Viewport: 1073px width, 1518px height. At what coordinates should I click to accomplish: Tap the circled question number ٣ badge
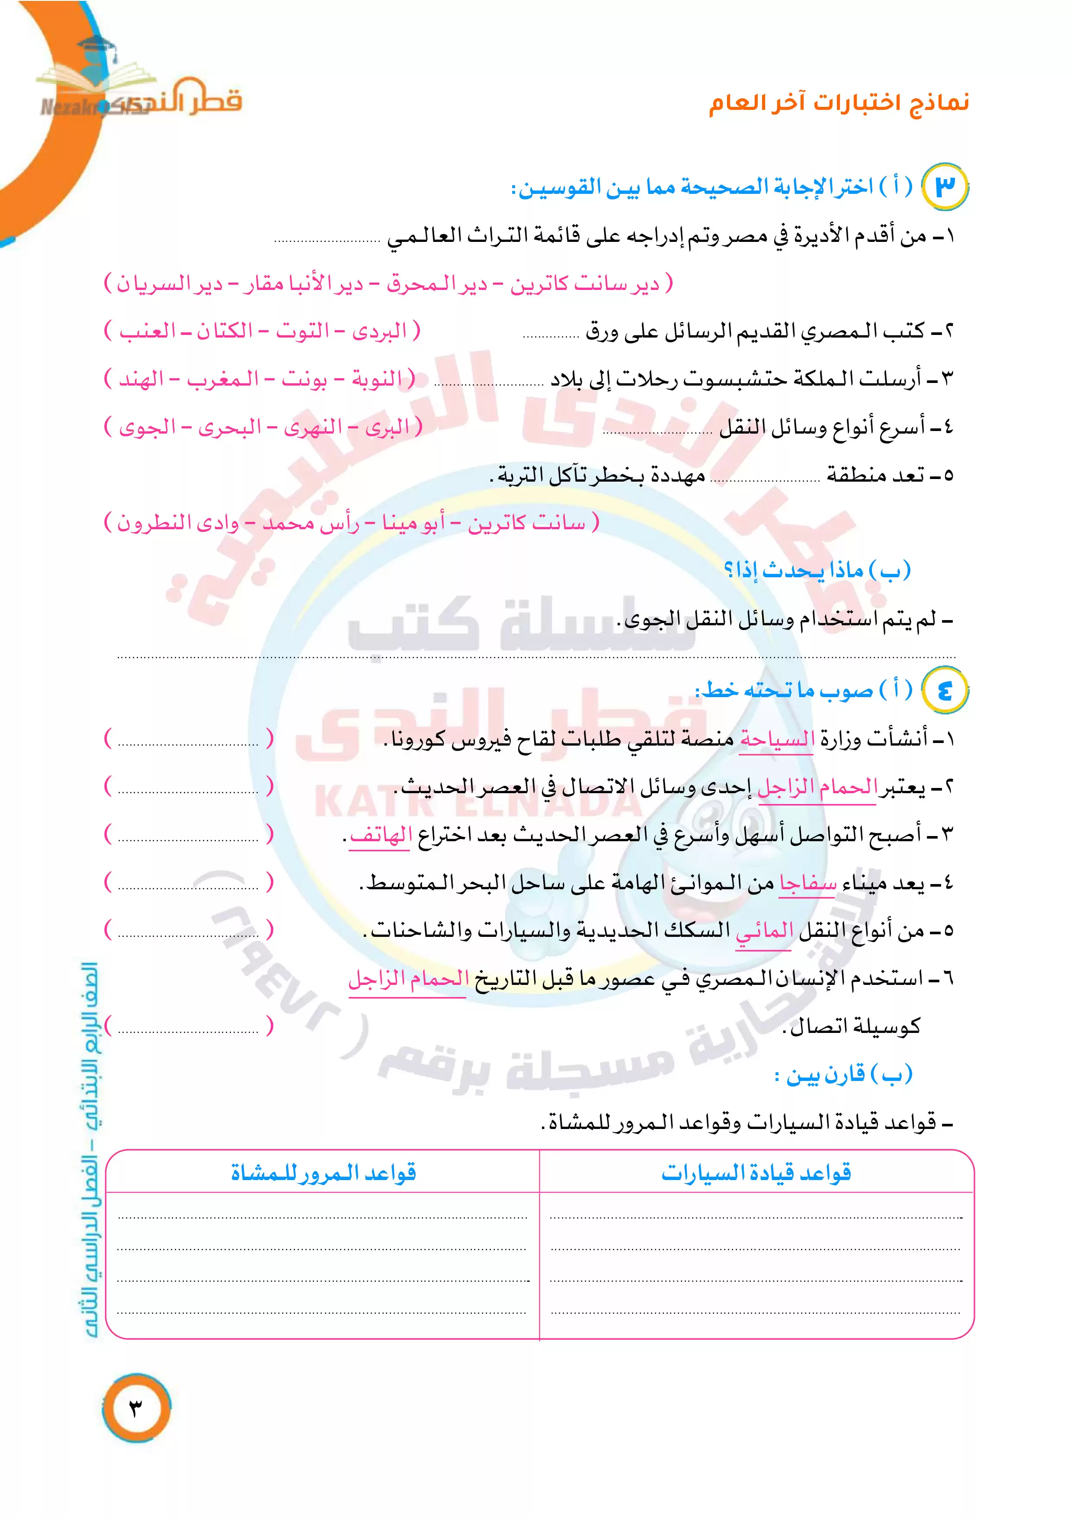(945, 187)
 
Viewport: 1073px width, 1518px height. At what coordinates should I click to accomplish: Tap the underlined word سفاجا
(807, 883)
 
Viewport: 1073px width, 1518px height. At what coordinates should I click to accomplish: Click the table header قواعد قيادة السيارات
(756, 1173)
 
